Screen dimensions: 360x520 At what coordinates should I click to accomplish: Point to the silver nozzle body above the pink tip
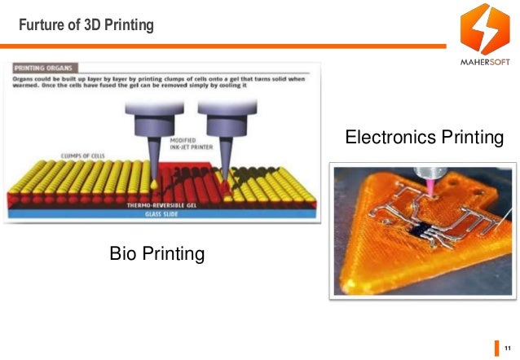coord(426,169)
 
